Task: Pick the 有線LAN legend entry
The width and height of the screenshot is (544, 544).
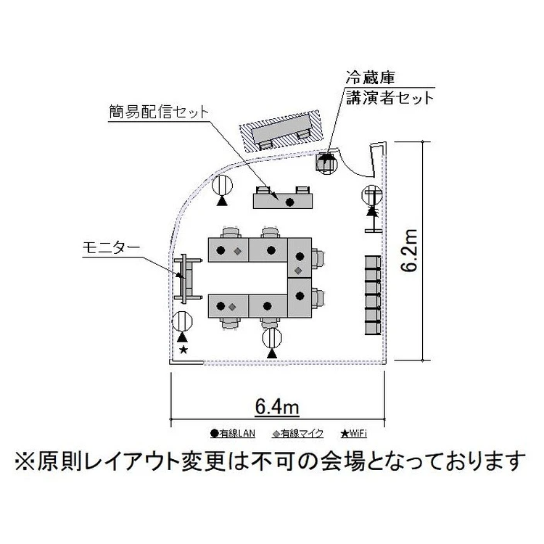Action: tap(233, 434)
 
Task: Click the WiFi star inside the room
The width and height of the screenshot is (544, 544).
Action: tap(183, 350)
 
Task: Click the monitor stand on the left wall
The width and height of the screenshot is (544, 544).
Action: tap(185, 279)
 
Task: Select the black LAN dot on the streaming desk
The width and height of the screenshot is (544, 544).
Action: tap(289, 202)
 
